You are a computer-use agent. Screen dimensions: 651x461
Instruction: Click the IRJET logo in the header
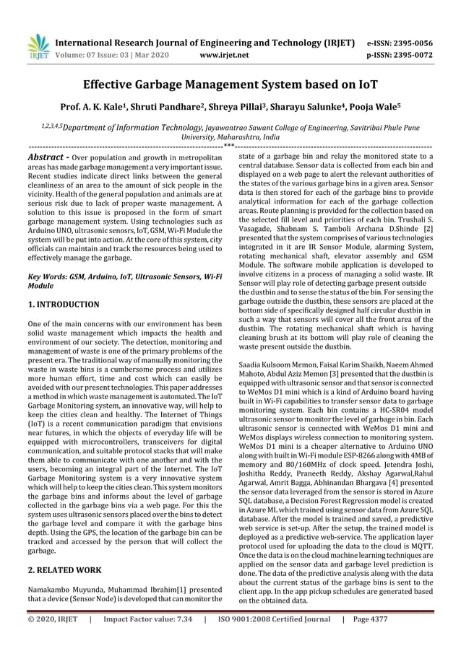coord(38,47)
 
